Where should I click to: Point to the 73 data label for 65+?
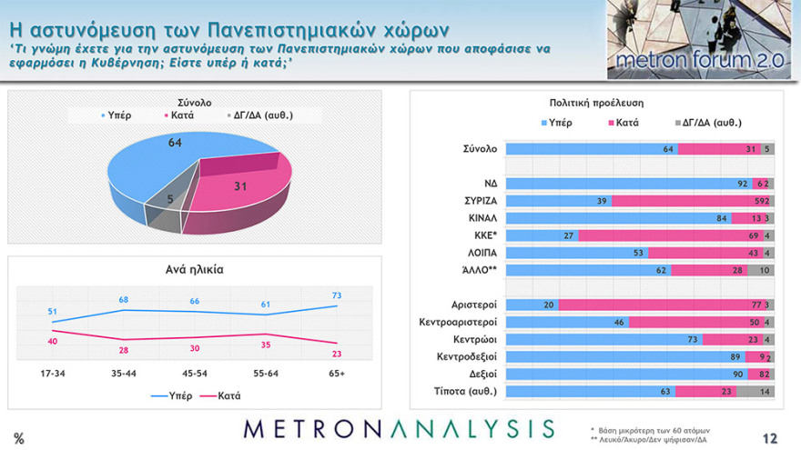point(338,296)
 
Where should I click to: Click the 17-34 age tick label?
point(52,373)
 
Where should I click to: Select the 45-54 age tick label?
point(195,373)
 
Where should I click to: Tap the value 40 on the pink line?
point(54,340)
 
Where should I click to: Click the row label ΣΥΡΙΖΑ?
point(474,200)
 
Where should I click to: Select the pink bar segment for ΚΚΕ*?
point(669,235)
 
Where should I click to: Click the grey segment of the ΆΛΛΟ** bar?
point(763,270)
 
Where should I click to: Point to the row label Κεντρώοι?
point(471,339)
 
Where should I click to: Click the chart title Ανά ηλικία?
point(195,269)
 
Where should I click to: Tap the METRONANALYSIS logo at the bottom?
point(399,429)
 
